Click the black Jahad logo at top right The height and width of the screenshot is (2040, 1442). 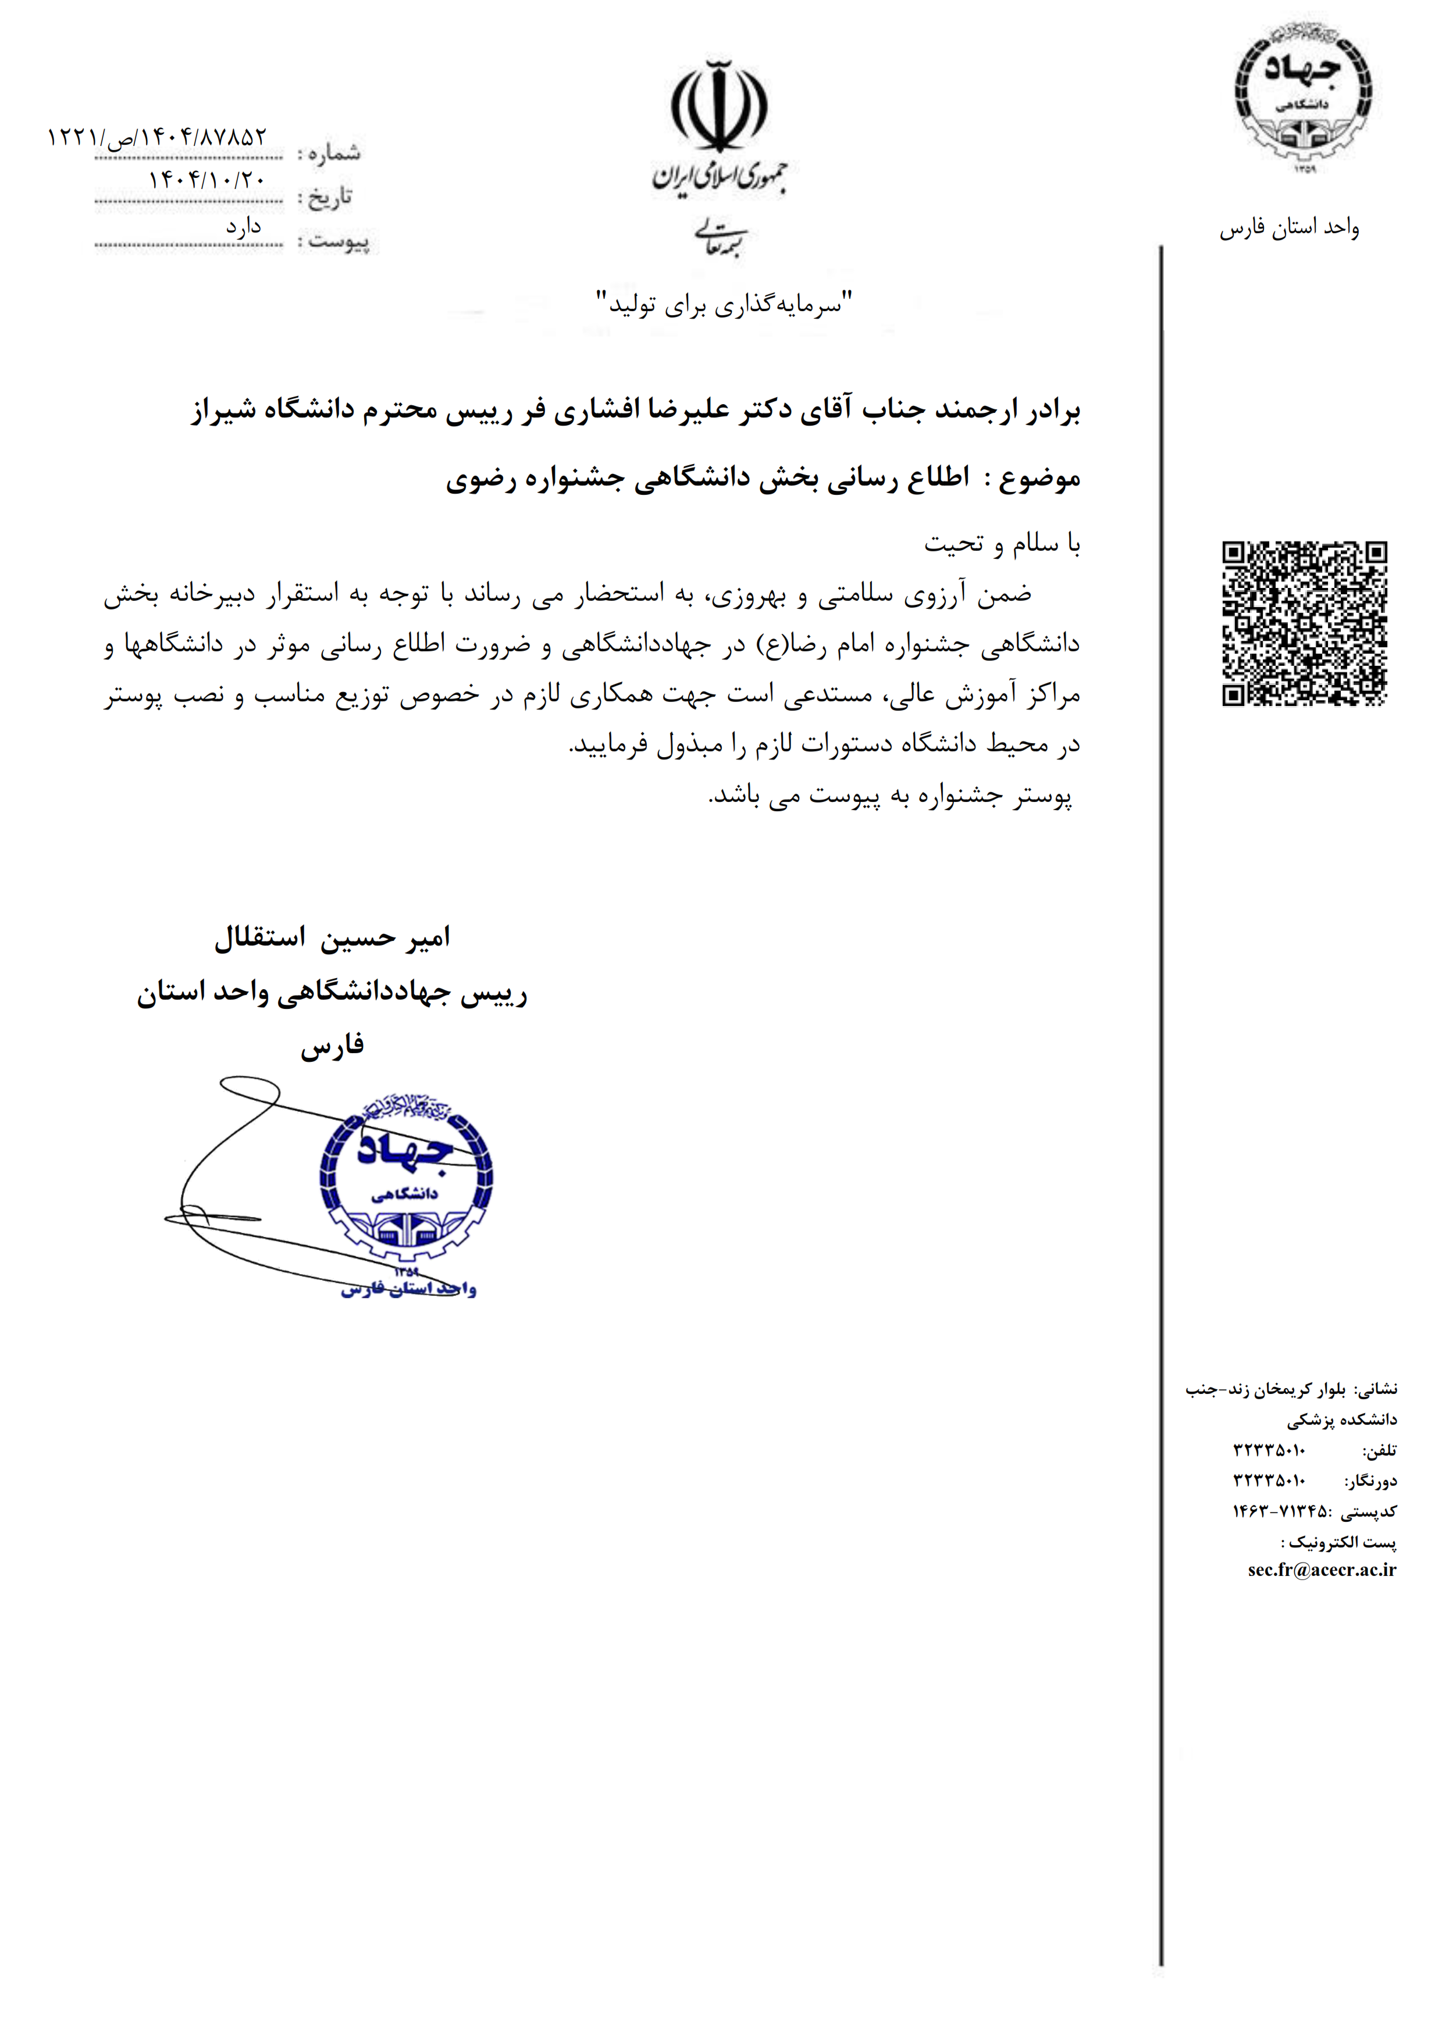click(1302, 92)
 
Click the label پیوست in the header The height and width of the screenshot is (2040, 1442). click(339, 240)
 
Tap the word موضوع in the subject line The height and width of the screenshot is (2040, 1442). click(1039, 479)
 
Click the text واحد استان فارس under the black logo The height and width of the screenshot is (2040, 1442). click(1288, 229)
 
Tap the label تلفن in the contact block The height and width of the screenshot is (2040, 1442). click(1379, 1450)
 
